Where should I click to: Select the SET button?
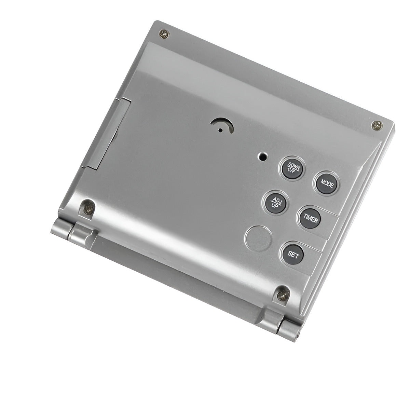coord(293,254)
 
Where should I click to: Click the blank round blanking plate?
coord(259,237)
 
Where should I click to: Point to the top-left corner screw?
coord(164,33)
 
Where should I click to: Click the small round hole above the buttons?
coord(262,157)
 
